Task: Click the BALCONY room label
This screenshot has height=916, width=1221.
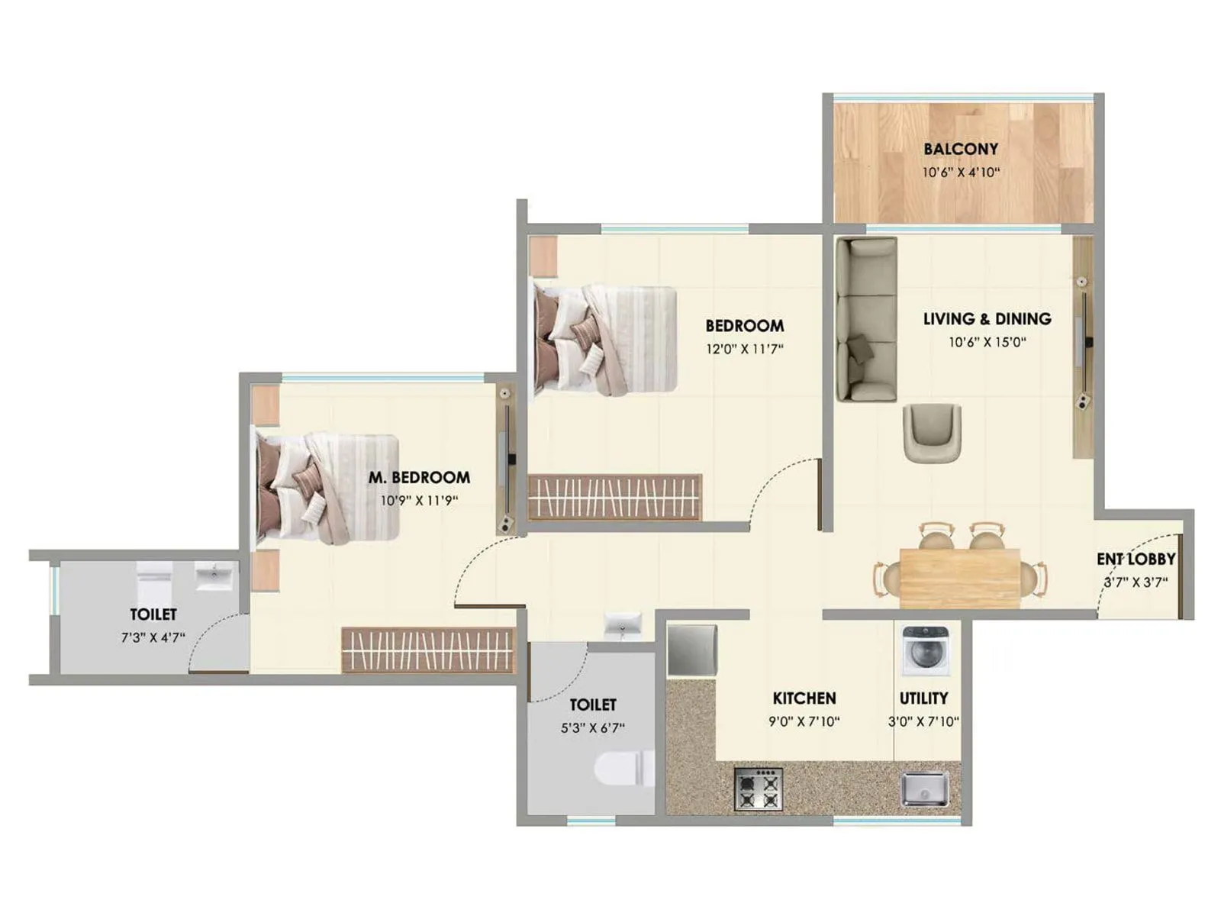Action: click(x=960, y=149)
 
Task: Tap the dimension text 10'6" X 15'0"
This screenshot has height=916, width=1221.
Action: click(x=987, y=342)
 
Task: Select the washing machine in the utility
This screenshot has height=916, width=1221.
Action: click(x=926, y=650)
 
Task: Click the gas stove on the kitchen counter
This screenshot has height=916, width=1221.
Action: click(x=758, y=789)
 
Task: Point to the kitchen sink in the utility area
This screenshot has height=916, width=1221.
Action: click(x=924, y=789)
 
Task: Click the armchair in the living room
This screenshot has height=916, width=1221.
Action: click(x=932, y=432)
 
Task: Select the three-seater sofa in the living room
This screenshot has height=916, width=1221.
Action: click(x=865, y=319)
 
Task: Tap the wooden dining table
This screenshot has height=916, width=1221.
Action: click(x=960, y=576)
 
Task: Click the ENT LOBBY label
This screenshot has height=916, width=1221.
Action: click(x=1136, y=559)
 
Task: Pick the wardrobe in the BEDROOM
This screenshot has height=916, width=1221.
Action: click(x=614, y=497)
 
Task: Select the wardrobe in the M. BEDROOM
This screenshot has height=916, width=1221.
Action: click(x=428, y=650)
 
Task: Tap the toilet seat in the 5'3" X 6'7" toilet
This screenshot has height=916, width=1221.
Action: click(x=624, y=768)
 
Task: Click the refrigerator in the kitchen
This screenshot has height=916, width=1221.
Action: click(x=691, y=650)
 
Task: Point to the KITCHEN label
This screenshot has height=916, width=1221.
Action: click(x=804, y=698)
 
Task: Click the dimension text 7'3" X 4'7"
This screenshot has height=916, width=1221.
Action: click(x=153, y=637)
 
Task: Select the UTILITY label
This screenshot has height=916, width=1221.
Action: click(x=923, y=698)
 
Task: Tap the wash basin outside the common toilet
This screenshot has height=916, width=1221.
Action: click(x=623, y=624)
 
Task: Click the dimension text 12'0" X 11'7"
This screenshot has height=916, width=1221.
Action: click(x=744, y=349)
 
